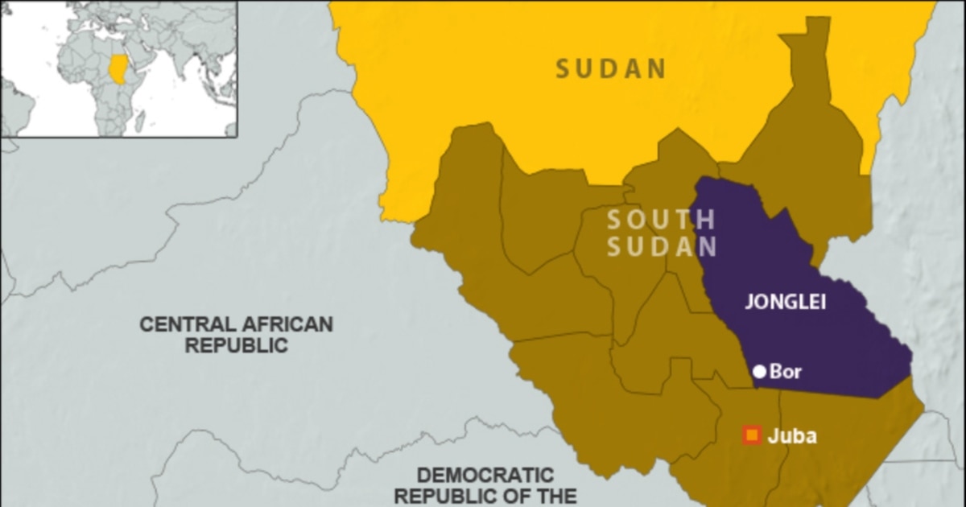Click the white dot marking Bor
759,372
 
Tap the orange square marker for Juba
752,436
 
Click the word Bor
786,372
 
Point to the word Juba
792,437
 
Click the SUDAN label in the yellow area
611,68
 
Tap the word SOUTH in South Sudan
661,219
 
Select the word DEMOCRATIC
485,475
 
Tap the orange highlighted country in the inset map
118,68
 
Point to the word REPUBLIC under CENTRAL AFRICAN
237,346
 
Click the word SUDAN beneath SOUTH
661,247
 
